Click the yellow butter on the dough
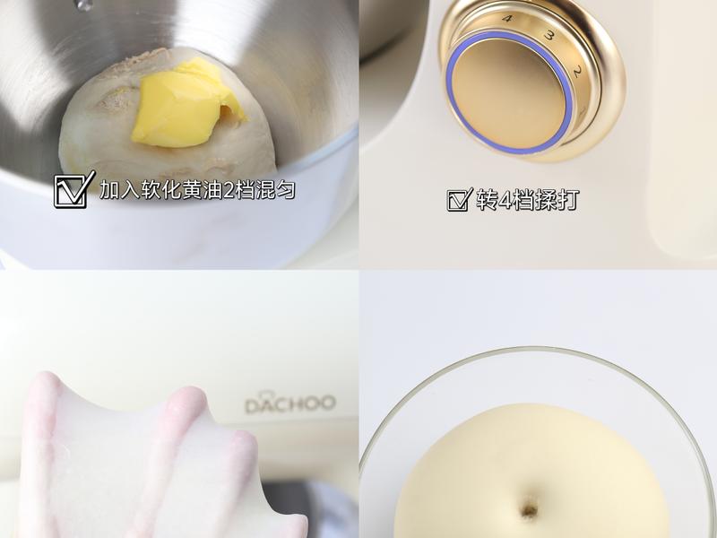point(187,104)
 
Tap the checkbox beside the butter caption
point(74,189)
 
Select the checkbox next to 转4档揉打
point(459,200)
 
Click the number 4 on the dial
point(506,19)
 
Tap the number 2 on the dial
point(577,72)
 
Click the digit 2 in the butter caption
point(228,190)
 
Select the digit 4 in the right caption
point(505,200)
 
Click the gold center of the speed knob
point(508,92)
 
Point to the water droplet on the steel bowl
point(83,4)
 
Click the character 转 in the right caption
point(487,200)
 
